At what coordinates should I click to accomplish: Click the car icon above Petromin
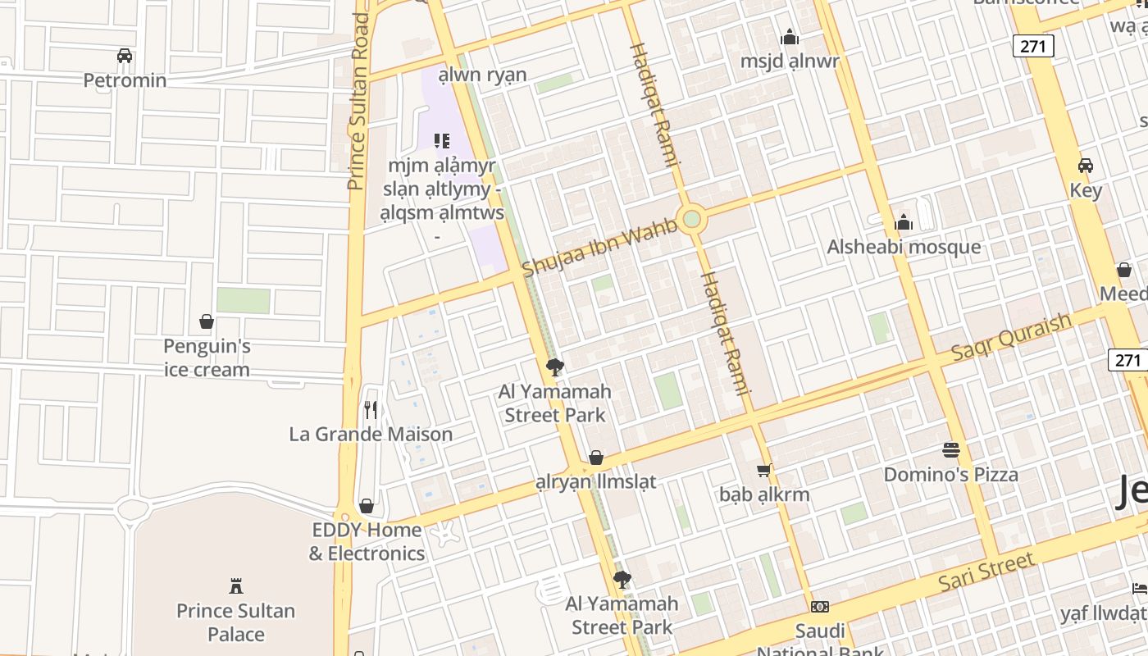pos(125,56)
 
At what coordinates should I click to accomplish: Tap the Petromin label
pos(125,80)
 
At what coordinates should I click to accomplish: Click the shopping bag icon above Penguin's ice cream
pos(207,321)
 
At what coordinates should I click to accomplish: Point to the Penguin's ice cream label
pos(207,358)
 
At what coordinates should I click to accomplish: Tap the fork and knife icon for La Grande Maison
pos(371,408)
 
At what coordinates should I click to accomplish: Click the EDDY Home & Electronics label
pos(367,542)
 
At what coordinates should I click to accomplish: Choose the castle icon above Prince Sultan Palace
pos(236,585)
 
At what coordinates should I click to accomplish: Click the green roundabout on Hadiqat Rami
pos(692,219)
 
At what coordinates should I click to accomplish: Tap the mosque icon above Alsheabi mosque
pos(904,222)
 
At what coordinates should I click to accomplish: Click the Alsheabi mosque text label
pos(904,247)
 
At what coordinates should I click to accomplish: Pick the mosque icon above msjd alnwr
pos(790,37)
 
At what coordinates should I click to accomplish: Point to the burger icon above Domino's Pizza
pos(951,450)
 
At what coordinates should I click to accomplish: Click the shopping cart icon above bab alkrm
pos(764,471)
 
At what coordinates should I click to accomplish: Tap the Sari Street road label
pos(986,572)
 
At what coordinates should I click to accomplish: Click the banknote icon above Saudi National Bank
pos(819,607)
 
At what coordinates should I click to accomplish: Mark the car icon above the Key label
pos(1086,166)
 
